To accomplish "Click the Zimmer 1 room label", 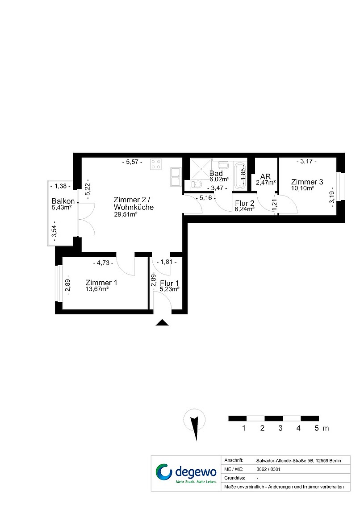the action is click(101, 283).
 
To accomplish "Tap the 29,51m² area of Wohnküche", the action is click(126, 214).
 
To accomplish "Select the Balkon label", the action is click(63, 201).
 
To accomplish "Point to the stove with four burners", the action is click(156, 164).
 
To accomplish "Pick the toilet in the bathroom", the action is click(197, 185).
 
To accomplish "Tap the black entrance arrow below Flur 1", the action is click(162, 322).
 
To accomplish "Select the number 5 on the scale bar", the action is click(317, 428).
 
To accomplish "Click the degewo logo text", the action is click(196, 471).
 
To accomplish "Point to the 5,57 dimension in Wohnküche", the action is click(132, 162).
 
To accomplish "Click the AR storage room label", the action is click(266, 177).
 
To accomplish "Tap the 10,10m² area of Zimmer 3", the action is click(302, 188).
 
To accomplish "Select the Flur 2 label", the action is click(245, 204).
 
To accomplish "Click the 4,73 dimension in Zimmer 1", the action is click(103, 263).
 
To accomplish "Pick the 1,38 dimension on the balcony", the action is click(60, 186).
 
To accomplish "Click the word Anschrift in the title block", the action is click(234, 460).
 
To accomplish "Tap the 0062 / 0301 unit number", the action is click(268, 469).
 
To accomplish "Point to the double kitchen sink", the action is click(176, 177).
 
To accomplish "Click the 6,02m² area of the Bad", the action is click(219, 179).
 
